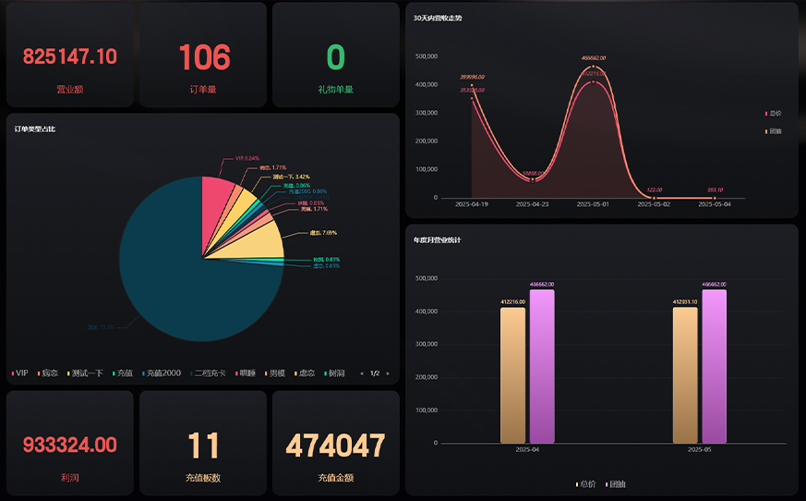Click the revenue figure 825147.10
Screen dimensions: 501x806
click(70, 56)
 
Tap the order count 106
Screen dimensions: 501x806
click(204, 57)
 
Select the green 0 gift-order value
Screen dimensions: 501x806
click(335, 57)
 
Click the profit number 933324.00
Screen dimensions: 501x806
click(70, 446)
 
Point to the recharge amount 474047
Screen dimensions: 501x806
click(335, 446)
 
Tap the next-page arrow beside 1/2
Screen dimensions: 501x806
click(389, 373)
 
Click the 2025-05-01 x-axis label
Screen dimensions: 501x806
click(593, 204)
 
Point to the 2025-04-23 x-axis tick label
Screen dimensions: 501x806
click(533, 204)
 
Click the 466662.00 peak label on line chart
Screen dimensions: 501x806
click(593, 58)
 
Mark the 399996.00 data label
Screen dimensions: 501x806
click(473, 77)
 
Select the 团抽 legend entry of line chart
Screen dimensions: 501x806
click(775, 131)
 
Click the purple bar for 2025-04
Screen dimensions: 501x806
click(542, 366)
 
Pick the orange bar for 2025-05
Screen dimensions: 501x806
click(685, 374)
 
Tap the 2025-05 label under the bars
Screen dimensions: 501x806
click(699, 450)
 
